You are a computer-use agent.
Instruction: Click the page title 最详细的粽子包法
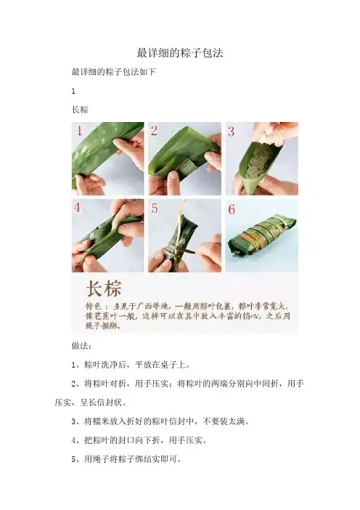coord(180,53)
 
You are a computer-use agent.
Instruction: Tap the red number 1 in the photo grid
coord(79,131)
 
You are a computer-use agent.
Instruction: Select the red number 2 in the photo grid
coord(154,131)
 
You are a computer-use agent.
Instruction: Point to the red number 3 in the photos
coord(231,131)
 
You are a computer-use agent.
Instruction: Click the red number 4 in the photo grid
coord(78,207)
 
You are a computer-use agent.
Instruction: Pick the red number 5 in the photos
coord(155,209)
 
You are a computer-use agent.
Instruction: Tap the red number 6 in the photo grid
coord(232,209)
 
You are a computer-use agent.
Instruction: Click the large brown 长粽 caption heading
coord(104,288)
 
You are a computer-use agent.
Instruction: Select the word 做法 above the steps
coord(80,346)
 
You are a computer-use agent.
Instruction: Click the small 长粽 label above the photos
coord(80,110)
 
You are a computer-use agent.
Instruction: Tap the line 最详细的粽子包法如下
coord(113,71)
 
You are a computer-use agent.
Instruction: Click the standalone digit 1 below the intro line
coord(73,92)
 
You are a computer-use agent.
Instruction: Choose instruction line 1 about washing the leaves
coord(131,365)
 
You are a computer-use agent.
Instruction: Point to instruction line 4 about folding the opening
coord(139,440)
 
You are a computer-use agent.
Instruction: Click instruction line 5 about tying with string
coord(126,459)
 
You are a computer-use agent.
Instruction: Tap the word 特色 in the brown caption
coord(94,306)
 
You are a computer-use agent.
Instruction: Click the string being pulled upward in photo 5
coord(181,211)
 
